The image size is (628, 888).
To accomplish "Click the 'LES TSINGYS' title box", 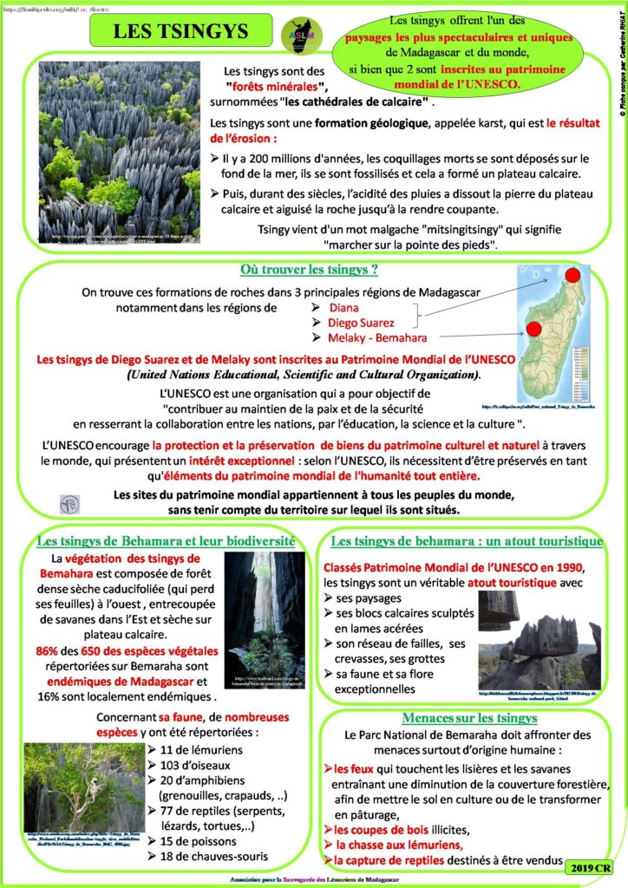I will (x=180, y=32).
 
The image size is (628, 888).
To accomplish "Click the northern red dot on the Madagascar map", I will (x=573, y=277).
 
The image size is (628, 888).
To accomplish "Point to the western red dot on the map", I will (x=533, y=329).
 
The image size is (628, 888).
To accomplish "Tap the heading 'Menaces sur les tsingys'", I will (x=469, y=718).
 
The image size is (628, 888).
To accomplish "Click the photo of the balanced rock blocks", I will (x=539, y=640).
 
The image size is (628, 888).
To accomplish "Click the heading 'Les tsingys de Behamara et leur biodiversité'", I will (x=166, y=541).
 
